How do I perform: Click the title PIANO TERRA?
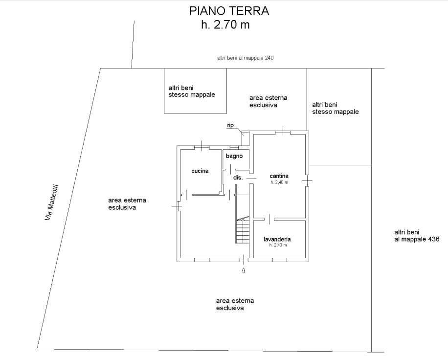(229, 11)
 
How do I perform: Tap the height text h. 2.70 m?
(225, 25)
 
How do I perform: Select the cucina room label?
(200, 171)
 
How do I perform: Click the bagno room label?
(234, 156)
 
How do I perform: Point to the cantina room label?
(279, 176)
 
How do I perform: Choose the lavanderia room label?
(277, 239)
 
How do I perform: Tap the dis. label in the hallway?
(238, 178)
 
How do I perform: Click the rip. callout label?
(231, 126)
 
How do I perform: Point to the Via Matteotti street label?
(52, 202)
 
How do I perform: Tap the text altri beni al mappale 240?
(245, 58)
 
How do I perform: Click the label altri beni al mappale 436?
(417, 236)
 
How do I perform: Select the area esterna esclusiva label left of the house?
(127, 203)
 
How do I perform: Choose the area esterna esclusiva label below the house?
(235, 304)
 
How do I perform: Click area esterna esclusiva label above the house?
(268, 101)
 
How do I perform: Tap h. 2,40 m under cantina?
(279, 182)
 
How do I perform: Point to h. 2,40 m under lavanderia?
(277, 245)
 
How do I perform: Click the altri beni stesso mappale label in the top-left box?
(191, 91)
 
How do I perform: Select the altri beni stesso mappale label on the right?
(335, 108)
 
